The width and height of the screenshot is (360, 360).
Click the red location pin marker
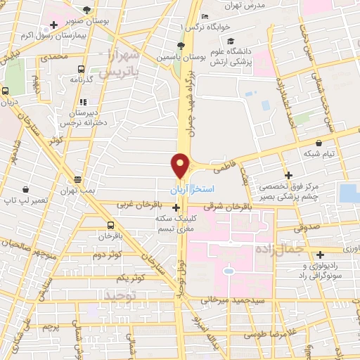pyautogui.click(x=181, y=165)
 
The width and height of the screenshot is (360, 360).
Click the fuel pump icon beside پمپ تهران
pyautogui.click(x=77, y=179)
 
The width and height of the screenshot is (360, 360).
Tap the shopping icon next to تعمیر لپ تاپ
pyautogui.click(x=25, y=189)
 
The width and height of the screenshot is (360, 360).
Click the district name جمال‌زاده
pyautogui.click(x=300, y=248)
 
